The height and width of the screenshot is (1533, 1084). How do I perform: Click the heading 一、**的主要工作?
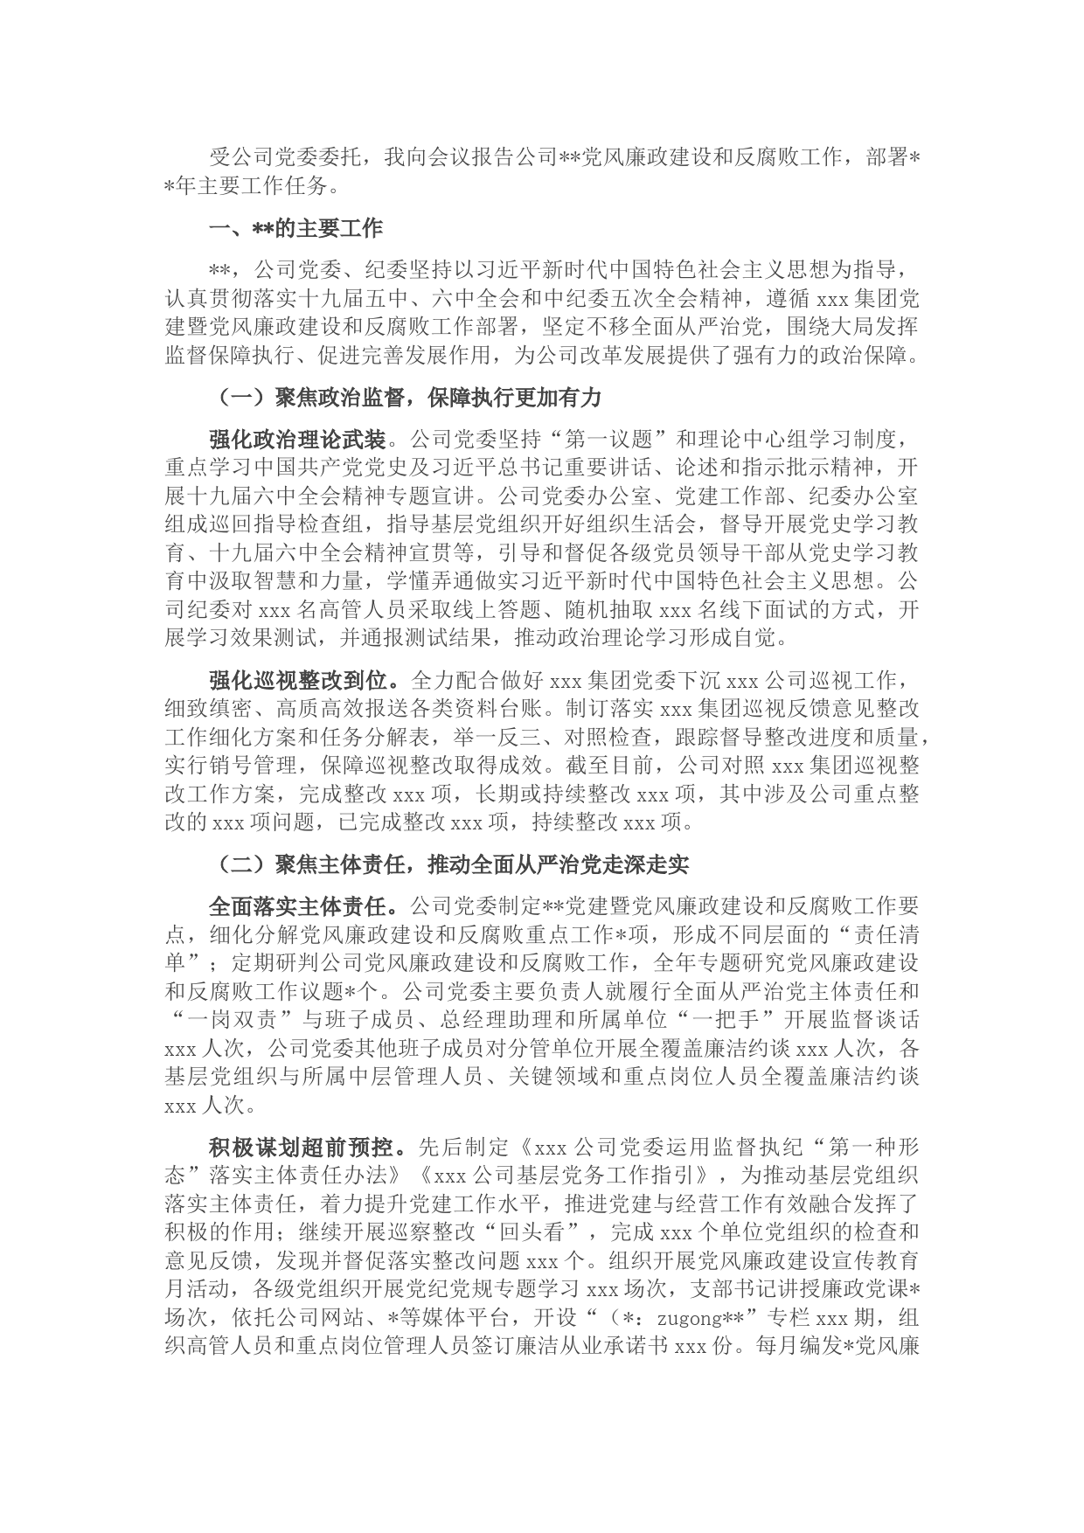pos(295,229)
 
